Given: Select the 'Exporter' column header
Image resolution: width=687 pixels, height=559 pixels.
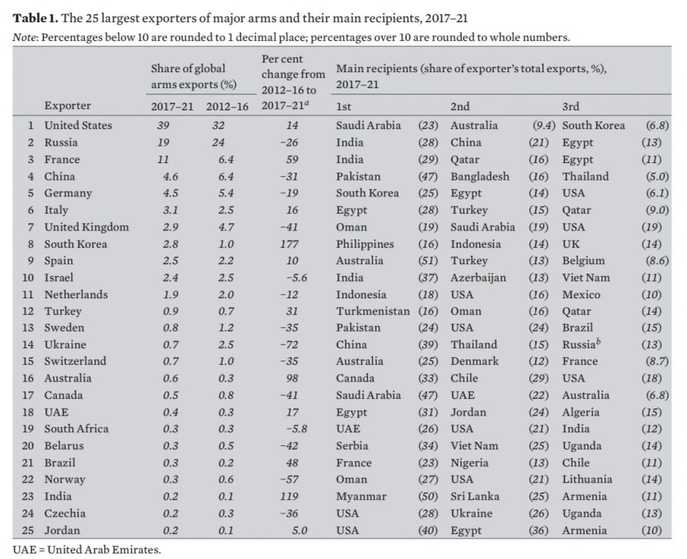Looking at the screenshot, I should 67,106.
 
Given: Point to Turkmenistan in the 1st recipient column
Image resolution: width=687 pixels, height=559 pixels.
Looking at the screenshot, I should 373,311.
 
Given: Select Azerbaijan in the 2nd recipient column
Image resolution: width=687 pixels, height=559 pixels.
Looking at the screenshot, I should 478,277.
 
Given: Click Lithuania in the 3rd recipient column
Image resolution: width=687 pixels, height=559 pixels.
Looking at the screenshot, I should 587,479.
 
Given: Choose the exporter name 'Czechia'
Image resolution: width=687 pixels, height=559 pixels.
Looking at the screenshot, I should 65,513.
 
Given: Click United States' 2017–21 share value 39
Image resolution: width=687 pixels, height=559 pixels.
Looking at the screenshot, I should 164,126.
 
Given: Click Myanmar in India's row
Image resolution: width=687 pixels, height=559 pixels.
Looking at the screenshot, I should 360,497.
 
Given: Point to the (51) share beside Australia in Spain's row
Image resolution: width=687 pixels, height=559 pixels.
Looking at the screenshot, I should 427,261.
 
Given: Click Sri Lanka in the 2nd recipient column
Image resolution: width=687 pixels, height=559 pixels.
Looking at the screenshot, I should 475,497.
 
